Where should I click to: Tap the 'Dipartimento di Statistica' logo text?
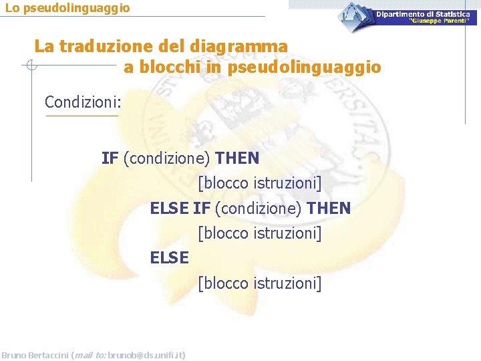422,14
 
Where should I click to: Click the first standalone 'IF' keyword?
110,158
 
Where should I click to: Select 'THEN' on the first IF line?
237,158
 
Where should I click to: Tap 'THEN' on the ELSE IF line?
328,208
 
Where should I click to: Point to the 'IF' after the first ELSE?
201,208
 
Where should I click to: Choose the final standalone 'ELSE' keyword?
170,257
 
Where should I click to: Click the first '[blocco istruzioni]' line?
259,183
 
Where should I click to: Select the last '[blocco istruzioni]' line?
259,283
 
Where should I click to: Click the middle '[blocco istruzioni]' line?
259,233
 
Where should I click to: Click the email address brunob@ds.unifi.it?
145,354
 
